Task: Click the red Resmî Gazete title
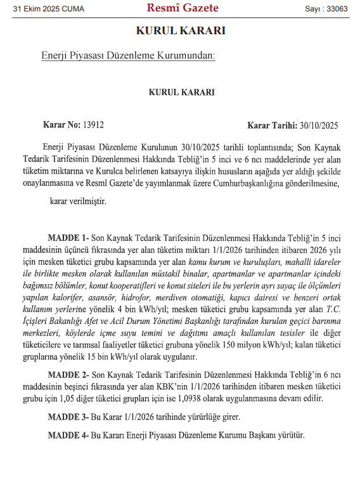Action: pyautogui.click(x=182, y=8)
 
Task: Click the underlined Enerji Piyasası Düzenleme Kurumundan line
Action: pyautogui.click(x=128, y=56)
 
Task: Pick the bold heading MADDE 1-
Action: pyautogui.click(x=68, y=236)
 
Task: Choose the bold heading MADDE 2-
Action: pyautogui.click(x=69, y=375)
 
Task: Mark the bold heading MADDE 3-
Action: pyautogui.click(x=68, y=417)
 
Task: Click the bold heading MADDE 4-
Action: pyautogui.click(x=68, y=436)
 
